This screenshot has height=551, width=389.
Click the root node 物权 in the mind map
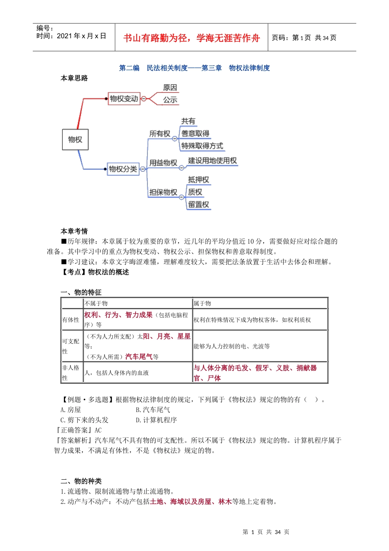pyautogui.click(x=75, y=139)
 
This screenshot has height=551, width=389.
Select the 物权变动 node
pyautogui.click(x=124, y=99)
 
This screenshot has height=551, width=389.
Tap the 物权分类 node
pyautogui.click(x=123, y=169)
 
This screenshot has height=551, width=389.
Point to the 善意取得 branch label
pyautogui.click(x=195, y=134)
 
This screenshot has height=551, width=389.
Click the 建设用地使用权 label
pyautogui.click(x=212, y=161)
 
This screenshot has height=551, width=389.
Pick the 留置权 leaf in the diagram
pyautogui.click(x=199, y=205)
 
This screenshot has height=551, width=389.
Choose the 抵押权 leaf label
pyautogui.click(x=199, y=180)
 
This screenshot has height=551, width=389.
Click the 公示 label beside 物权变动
pyautogui.click(x=170, y=100)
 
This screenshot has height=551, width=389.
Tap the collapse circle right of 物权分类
pyautogui.click(x=143, y=169)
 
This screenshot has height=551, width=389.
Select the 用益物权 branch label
pyautogui.click(x=163, y=163)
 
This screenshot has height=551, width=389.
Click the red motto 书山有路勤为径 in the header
pyautogui.click(x=191, y=38)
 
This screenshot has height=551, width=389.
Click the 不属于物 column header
pyautogui.click(x=96, y=303)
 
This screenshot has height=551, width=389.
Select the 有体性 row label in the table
pyautogui.click(x=71, y=320)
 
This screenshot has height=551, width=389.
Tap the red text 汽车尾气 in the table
pyautogui.click(x=138, y=357)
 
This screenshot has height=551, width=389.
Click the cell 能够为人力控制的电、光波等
pyautogui.click(x=232, y=346)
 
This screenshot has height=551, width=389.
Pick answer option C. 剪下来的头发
pyautogui.click(x=84, y=420)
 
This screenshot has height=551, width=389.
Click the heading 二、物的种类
pyautogui.click(x=81, y=481)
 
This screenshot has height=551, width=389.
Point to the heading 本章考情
pyautogui.click(x=74, y=231)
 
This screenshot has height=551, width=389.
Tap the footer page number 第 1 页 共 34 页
pyautogui.click(x=266, y=532)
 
